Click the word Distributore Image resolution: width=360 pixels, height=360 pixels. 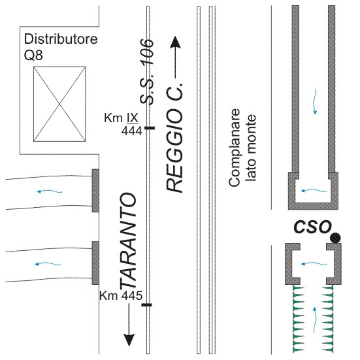pos(61,39)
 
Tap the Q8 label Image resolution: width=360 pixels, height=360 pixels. pos(33,56)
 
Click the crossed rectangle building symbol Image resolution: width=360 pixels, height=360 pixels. pos(59,104)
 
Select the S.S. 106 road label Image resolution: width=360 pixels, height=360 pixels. pos(147,72)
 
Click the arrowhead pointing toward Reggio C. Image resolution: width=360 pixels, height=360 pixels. pos(176,42)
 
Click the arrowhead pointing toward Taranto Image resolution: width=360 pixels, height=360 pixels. pos(129,340)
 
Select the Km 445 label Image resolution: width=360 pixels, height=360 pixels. pos(121,295)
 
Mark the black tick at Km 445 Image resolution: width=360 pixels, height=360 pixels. pos(146,305)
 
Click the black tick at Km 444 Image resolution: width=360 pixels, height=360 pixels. pos(149,128)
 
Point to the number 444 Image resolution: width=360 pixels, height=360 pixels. pos(132,131)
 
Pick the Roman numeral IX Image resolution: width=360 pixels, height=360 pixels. pos(133,118)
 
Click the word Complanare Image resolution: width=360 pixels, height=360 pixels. pos(235,148)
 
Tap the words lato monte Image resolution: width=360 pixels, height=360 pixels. pos(251,148)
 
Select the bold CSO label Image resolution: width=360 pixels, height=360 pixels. pos(312,227)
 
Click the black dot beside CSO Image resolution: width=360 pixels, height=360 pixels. pos(335,238)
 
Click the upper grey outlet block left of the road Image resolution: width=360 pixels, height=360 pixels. pos(95,191)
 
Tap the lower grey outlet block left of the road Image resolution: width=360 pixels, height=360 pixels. pos(95,263)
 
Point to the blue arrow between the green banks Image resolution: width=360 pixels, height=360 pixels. pos(315,320)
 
